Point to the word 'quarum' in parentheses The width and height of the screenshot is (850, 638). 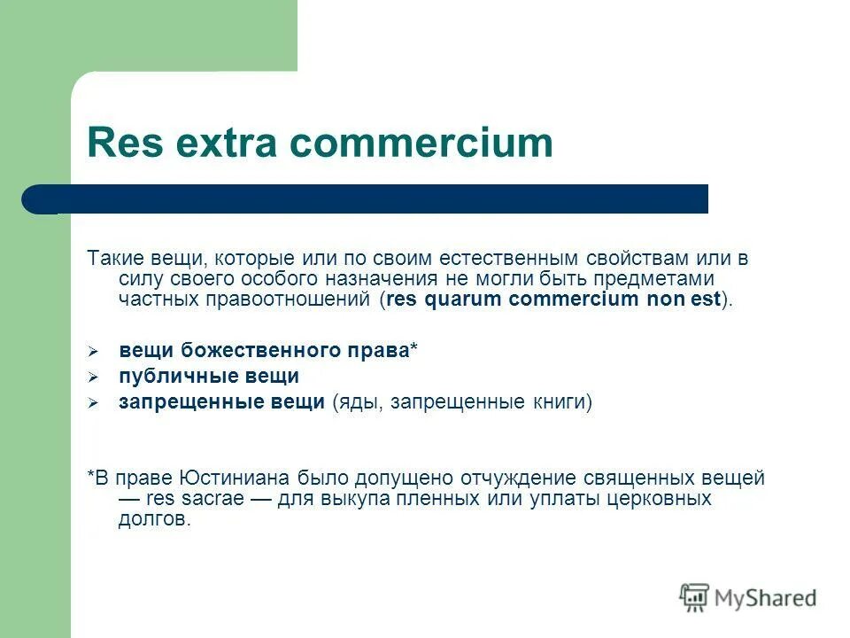pyautogui.click(x=462, y=300)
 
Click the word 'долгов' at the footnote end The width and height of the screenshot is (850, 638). pyautogui.click(x=152, y=520)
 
